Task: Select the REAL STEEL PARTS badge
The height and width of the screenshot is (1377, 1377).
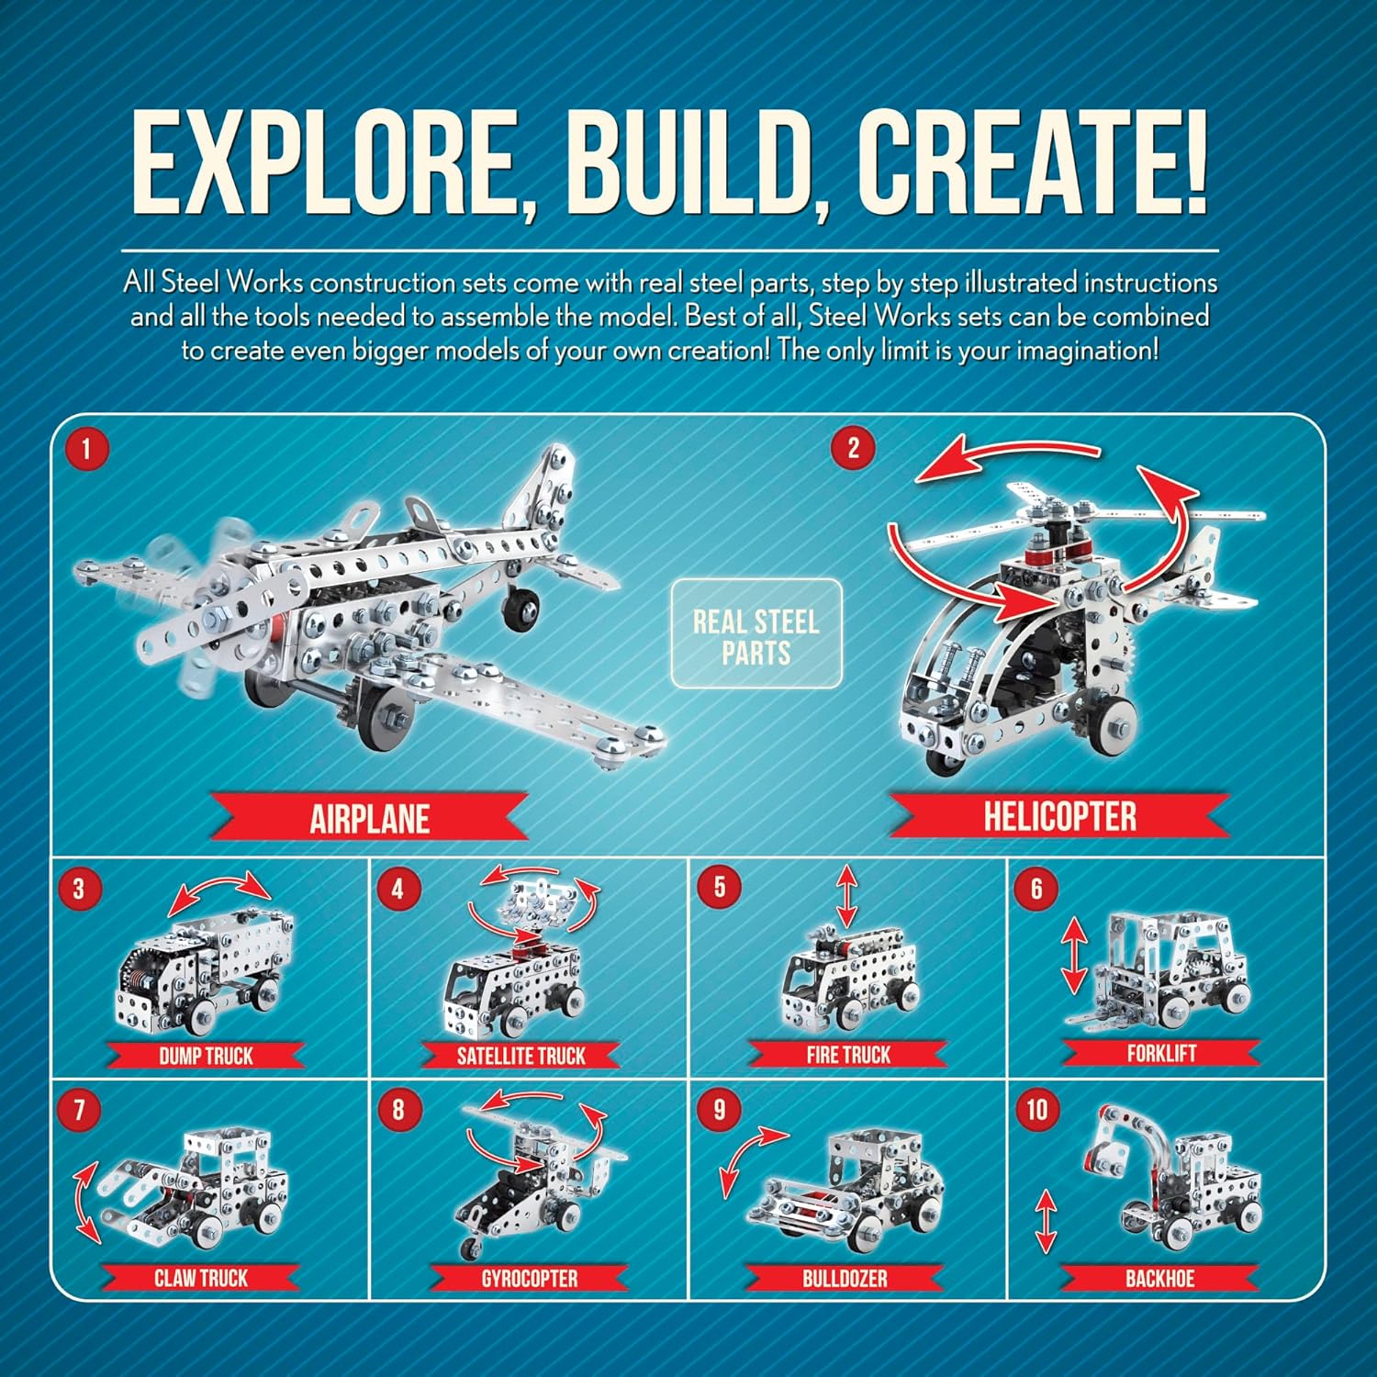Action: tap(756, 634)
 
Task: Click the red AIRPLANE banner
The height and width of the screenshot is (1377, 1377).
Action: tap(369, 818)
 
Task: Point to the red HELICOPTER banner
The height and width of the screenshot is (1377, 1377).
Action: tap(1059, 816)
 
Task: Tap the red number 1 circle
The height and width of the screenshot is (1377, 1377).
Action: tap(86, 449)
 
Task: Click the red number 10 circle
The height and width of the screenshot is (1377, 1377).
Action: tap(1036, 1110)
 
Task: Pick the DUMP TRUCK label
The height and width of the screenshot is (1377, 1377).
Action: tap(206, 1056)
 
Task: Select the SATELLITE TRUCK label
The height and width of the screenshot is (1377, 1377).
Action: tap(521, 1056)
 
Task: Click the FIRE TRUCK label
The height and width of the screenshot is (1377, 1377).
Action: tap(847, 1055)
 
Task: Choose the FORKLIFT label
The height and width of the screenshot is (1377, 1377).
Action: tap(1161, 1053)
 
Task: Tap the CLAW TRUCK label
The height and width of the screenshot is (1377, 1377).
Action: tap(200, 1278)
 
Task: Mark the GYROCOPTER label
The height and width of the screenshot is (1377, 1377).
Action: tap(529, 1279)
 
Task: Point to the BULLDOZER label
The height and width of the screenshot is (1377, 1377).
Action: tap(845, 1279)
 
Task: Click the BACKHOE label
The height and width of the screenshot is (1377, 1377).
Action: tap(1159, 1279)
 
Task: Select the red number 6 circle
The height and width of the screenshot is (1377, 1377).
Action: tap(1036, 889)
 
